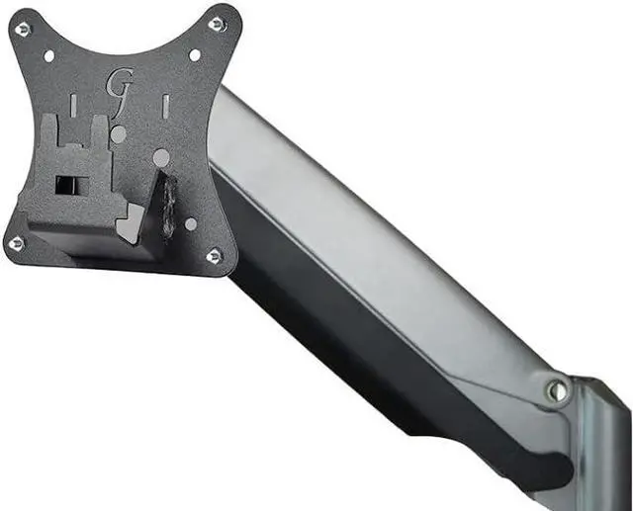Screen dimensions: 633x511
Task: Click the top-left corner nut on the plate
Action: pos(23,29)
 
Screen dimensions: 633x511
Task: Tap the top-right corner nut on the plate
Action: pos(218,24)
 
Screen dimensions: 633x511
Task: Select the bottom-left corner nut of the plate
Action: pos(16,243)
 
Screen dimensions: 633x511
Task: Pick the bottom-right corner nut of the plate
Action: pos(215,256)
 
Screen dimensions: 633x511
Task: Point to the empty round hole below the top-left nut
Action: pos(48,56)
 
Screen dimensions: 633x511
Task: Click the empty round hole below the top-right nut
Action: pos(195,55)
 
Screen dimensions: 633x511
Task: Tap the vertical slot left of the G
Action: pos(73,104)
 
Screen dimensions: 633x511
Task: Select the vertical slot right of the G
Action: pos(165,104)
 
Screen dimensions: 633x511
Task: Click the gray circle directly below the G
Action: pos(119,133)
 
